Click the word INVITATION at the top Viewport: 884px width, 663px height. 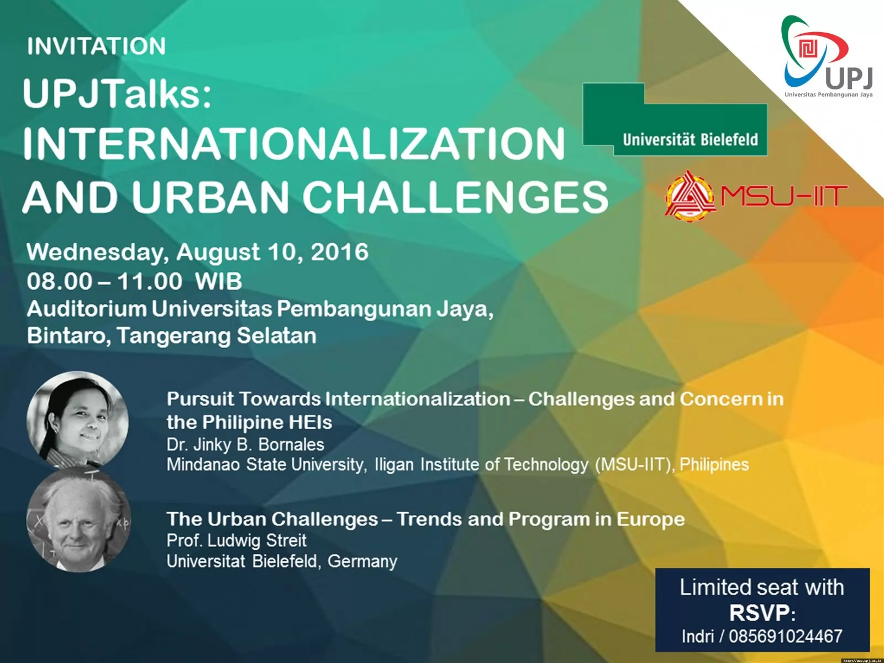pos(96,46)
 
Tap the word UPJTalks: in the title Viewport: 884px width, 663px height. pos(117,94)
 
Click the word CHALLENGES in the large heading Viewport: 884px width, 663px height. pos(455,197)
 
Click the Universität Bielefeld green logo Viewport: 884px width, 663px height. pos(675,119)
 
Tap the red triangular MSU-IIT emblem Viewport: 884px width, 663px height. pos(690,197)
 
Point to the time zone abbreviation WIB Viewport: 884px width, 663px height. pos(218,281)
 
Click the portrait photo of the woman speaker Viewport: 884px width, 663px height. pos(78,420)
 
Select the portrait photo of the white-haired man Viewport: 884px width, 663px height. pos(78,520)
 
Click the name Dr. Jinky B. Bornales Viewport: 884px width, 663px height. pos(245,444)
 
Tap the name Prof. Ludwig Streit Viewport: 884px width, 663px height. pos(236,540)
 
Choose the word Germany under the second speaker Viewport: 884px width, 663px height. pos(362,561)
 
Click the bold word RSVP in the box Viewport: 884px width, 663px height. pos(760,613)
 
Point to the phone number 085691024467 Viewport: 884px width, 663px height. pos(785,636)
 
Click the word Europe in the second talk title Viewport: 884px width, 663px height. pos(651,519)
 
